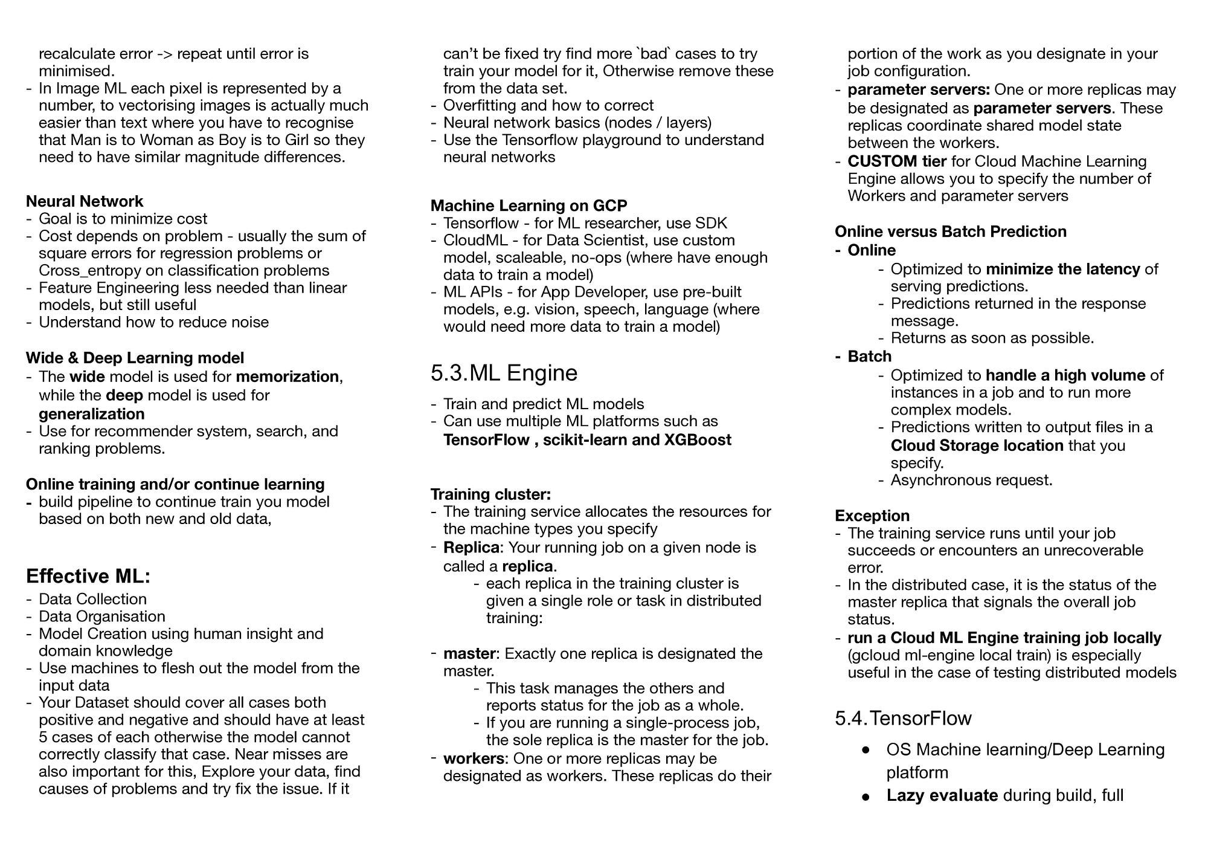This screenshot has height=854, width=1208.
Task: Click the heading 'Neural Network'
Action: (85, 201)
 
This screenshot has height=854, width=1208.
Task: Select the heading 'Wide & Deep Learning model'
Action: (135, 358)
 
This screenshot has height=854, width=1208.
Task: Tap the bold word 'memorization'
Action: (288, 377)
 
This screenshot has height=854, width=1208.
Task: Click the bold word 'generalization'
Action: (92, 414)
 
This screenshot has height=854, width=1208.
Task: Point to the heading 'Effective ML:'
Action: (88, 576)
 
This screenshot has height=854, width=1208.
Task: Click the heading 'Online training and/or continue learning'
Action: (175, 484)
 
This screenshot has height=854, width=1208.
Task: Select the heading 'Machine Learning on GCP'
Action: (529, 205)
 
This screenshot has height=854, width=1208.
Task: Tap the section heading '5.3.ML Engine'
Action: (504, 372)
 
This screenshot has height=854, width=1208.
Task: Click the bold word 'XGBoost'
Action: (698, 439)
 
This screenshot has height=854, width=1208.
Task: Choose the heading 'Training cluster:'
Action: (490, 494)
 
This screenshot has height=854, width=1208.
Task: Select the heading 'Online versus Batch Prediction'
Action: (951, 231)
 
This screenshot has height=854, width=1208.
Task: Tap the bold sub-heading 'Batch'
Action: (870, 357)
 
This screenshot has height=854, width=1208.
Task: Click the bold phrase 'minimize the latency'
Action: (1063, 269)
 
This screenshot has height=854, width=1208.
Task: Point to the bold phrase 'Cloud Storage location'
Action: (977, 445)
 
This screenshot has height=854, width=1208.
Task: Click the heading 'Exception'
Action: (872, 516)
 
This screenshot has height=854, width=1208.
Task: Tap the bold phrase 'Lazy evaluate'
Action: (942, 795)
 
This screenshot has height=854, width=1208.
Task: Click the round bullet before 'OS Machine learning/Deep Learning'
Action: (866, 750)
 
